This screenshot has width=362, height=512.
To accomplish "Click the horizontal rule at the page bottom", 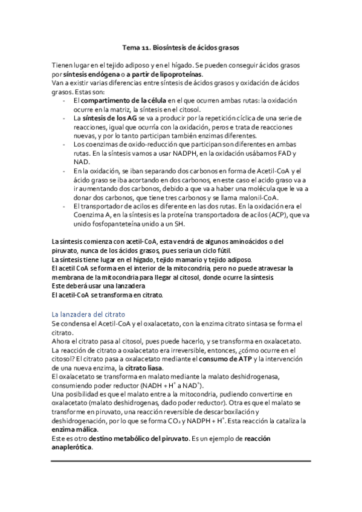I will tap(181, 462).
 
